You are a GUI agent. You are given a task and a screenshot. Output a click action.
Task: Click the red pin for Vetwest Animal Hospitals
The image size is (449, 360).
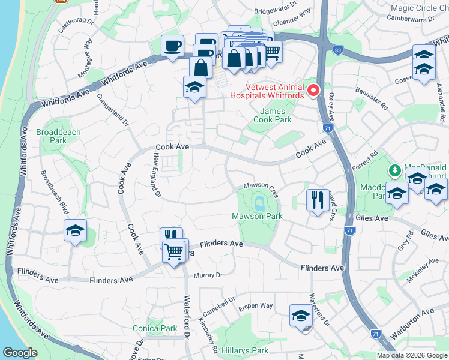pos(313,91)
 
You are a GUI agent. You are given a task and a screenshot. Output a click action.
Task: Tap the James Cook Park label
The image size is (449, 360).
pos(276,115)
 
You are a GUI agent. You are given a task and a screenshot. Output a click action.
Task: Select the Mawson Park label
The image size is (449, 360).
pos(257,216)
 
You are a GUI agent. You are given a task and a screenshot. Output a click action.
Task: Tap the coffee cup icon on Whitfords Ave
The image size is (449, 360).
pos(173,46)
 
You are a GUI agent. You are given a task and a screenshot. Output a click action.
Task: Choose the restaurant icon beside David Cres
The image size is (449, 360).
pos(317,199)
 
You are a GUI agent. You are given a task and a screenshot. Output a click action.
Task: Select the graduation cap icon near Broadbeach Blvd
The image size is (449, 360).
pos(76,230)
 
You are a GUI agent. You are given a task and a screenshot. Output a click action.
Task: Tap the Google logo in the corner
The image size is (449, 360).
pos(20,353)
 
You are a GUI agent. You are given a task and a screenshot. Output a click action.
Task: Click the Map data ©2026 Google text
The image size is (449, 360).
pos(412,355)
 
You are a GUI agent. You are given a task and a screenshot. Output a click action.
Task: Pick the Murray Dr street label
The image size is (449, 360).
pos(208,275)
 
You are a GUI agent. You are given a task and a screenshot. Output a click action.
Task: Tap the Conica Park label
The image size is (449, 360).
pos(155,328)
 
